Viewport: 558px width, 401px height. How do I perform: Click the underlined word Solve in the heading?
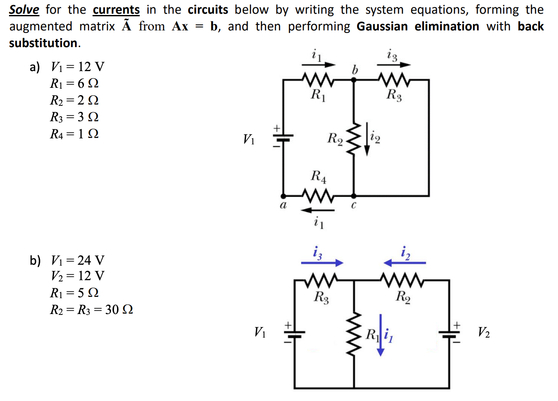tap(24, 9)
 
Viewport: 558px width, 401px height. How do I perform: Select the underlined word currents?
tap(116, 9)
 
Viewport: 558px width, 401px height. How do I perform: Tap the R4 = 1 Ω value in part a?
tap(74, 134)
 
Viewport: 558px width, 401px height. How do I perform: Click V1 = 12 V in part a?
tap(77, 66)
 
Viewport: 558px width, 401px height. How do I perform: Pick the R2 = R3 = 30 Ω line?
tap(91, 309)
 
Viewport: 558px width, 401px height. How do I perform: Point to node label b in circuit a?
tap(354, 69)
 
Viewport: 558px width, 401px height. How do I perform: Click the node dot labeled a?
tap(283, 196)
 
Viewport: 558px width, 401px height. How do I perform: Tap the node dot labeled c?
tap(354, 196)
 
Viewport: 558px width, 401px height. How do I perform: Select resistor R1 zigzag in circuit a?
tap(317, 80)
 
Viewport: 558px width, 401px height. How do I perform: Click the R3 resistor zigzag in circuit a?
tap(393, 80)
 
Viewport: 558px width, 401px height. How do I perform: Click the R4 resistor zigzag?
tap(317, 196)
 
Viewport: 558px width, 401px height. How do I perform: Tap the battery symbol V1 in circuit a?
tap(282, 138)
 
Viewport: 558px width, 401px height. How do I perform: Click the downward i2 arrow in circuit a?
tap(367, 139)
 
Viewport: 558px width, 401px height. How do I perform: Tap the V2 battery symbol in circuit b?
tap(449, 334)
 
